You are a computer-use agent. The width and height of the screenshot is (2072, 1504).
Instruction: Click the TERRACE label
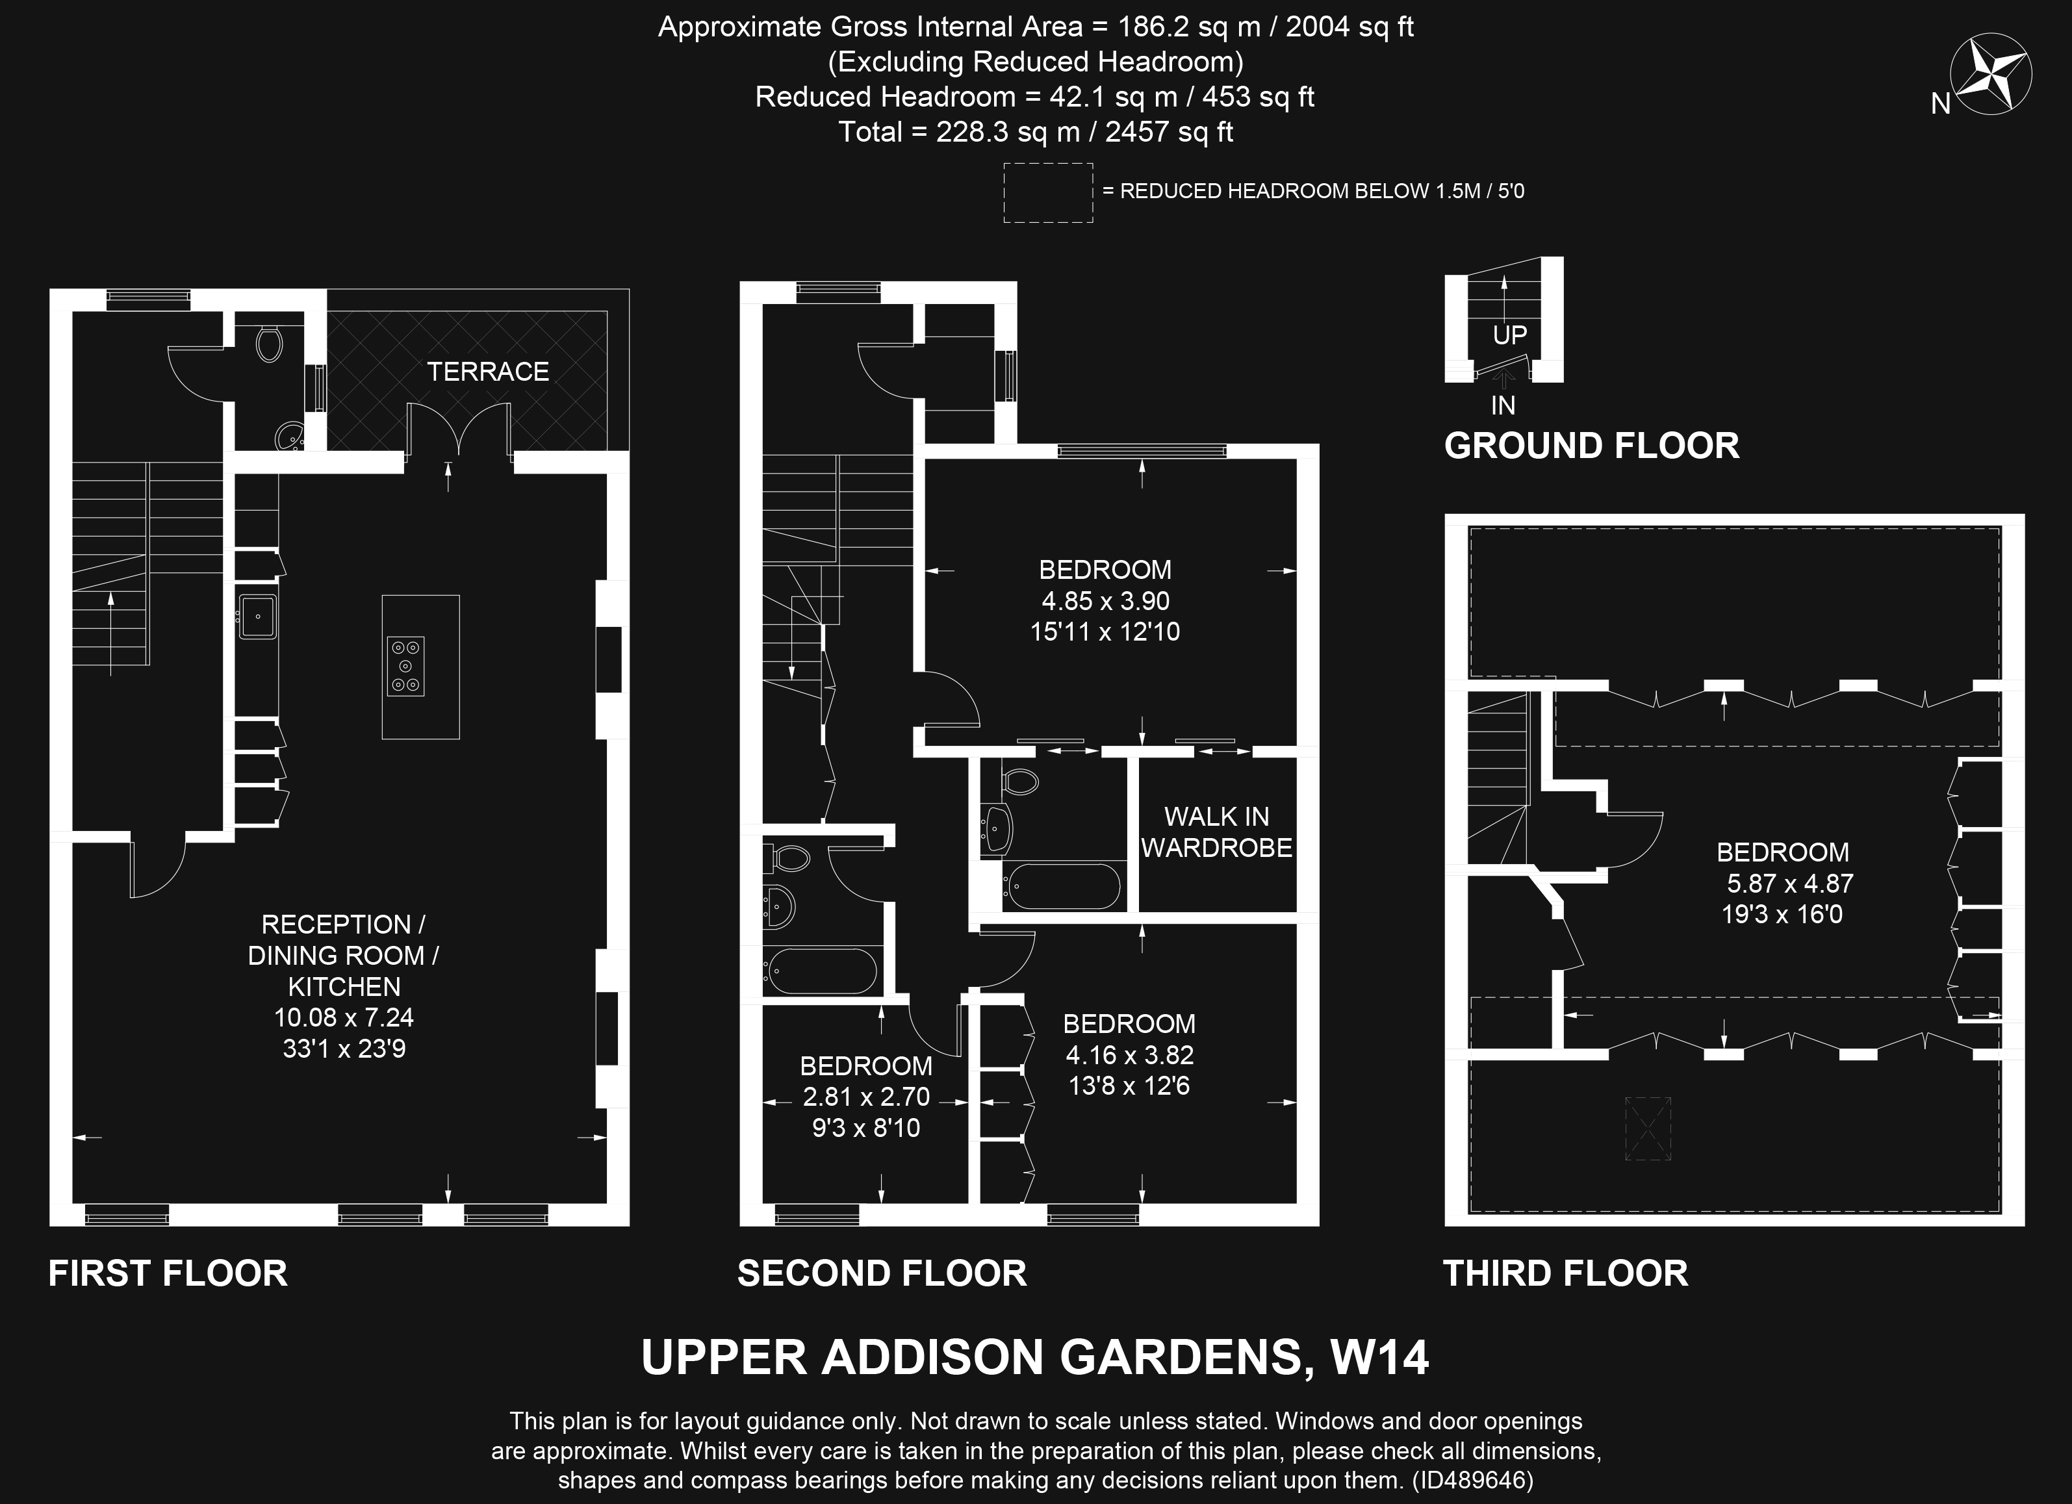point(488,372)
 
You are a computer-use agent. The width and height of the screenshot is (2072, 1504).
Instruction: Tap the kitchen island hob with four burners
point(405,666)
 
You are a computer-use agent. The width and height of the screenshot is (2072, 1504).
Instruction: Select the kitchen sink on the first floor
point(258,616)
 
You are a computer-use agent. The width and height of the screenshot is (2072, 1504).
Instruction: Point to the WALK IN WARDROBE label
point(1216,832)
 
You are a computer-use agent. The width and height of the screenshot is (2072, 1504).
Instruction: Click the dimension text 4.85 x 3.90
point(1105,601)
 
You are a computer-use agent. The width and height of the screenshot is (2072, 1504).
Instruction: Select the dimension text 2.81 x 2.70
point(866,1097)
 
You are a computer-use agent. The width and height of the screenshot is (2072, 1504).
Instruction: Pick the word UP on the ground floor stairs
point(1509,335)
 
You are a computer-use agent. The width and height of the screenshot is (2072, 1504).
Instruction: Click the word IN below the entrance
point(1503,405)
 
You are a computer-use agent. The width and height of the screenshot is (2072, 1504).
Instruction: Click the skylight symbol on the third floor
point(1648,1129)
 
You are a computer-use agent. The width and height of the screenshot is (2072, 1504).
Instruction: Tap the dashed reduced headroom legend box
point(1048,193)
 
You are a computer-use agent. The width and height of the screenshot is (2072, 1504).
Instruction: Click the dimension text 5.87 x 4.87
point(1790,884)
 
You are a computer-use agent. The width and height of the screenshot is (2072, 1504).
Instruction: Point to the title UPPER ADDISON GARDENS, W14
point(1035,1357)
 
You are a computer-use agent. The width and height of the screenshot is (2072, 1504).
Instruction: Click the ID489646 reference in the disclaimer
point(1472,1479)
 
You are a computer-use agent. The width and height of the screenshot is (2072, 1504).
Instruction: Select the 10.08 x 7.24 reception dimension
point(344,1017)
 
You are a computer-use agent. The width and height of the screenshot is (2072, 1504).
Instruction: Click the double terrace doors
point(459,429)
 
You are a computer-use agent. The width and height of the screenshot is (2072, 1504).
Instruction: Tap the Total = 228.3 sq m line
point(1035,133)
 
